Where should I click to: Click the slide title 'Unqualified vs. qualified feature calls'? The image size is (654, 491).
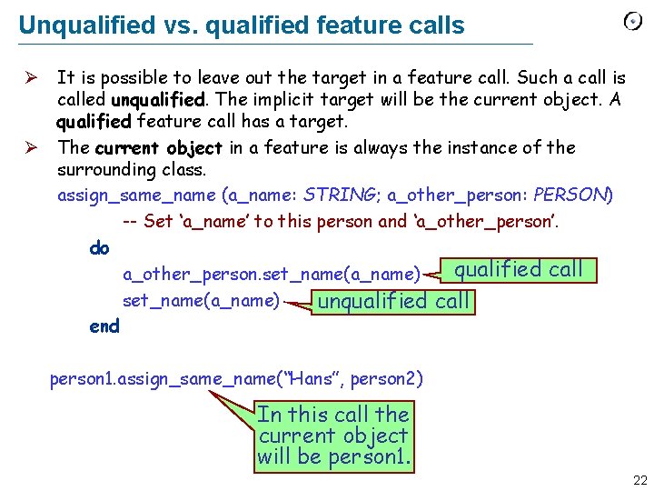(x=241, y=25)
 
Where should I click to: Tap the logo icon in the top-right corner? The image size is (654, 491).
(x=632, y=22)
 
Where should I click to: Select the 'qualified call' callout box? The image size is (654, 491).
(x=518, y=269)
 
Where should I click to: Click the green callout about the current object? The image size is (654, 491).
(x=333, y=436)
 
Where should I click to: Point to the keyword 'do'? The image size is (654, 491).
(x=99, y=247)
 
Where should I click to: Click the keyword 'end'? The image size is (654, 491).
(x=104, y=326)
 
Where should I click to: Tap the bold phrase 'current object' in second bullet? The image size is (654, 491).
(x=159, y=147)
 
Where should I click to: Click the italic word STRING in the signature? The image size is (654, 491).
(x=342, y=195)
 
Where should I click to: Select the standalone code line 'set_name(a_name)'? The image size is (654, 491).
(x=201, y=300)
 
